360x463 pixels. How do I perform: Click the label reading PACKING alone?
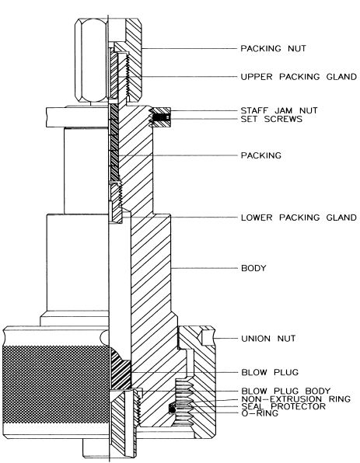point(260,155)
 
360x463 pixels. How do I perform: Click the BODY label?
point(253,269)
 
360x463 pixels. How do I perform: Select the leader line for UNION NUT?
point(222,339)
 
